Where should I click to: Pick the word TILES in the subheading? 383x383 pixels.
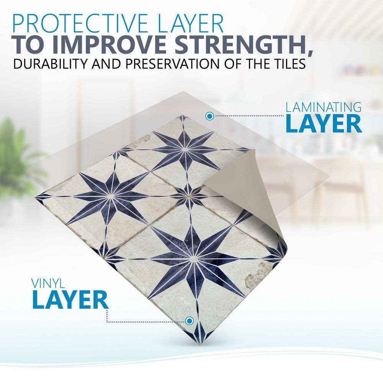[x=288, y=64]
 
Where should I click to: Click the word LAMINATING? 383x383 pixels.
[x=323, y=108]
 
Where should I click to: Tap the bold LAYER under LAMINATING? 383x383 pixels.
[x=323, y=124]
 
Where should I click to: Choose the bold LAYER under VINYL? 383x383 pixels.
[x=70, y=300]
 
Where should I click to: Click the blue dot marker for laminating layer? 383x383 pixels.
[x=210, y=116]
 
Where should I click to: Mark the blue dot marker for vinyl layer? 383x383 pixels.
[x=189, y=321]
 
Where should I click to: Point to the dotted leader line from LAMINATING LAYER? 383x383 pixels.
[x=249, y=116]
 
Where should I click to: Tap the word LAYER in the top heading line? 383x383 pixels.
[x=190, y=23]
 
